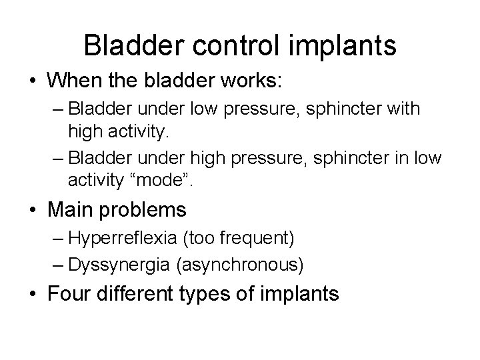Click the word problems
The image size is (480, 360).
144,210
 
